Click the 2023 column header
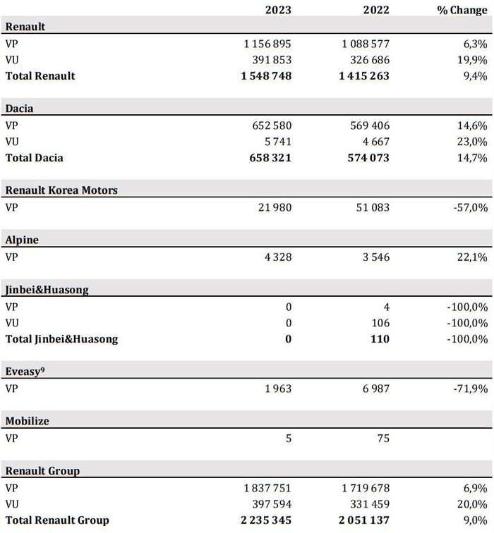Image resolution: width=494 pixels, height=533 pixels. (x=277, y=11)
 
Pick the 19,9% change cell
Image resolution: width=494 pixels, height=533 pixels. (x=470, y=60)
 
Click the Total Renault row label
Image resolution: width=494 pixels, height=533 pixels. (x=40, y=75)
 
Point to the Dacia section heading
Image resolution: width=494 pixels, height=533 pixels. (x=20, y=109)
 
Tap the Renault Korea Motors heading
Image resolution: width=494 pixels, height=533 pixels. (x=61, y=190)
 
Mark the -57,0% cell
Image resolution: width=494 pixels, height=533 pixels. (x=468, y=207)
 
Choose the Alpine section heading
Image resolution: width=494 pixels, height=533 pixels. (x=22, y=240)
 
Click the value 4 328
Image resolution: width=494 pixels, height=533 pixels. (x=276, y=257)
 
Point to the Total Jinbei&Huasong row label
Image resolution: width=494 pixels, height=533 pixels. (x=61, y=339)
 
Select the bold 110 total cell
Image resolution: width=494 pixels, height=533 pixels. (x=380, y=339)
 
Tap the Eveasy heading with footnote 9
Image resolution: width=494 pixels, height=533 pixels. (x=25, y=371)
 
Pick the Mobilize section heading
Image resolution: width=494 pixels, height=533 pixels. (x=28, y=421)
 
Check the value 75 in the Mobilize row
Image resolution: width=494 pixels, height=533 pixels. (x=382, y=438)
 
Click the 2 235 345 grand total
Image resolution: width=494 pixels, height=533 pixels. (x=260, y=520)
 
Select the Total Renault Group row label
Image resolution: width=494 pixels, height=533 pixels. (x=57, y=520)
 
